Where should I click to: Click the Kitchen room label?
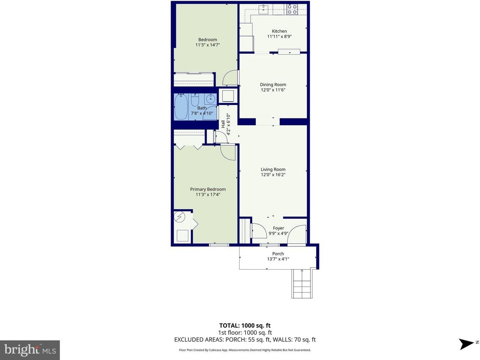click(x=279, y=31)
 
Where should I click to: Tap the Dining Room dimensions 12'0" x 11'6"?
click(x=273, y=90)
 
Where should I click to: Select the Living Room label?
click(x=273, y=169)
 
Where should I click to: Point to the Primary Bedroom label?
click(x=208, y=189)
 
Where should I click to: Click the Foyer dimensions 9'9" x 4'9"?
click(x=278, y=233)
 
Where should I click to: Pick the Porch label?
click(x=278, y=254)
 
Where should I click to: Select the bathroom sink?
click(x=211, y=99)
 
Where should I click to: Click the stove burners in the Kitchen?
click(x=292, y=9)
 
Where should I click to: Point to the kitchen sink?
click(x=265, y=9)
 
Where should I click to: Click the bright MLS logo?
click(x=30, y=350)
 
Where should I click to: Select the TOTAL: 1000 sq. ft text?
click(x=244, y=325)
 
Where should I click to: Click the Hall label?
click(x=223, y=124)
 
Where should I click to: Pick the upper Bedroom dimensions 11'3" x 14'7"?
click(x=207, y=45)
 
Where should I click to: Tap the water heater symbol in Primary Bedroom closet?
click(x=180, y=217)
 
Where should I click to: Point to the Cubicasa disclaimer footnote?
click(x=244, y=350)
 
